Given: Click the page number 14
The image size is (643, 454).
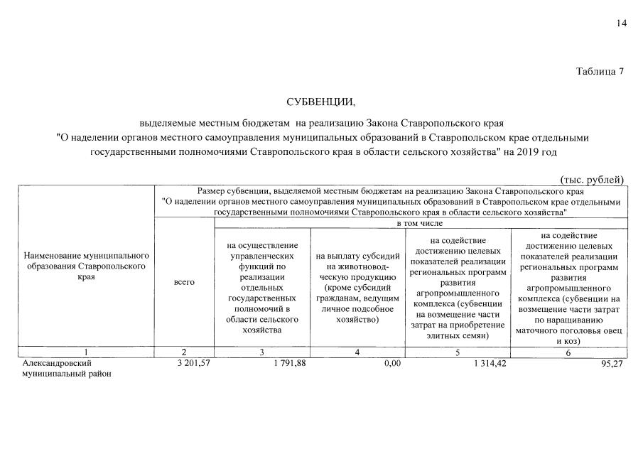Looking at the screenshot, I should [x=622, y=23].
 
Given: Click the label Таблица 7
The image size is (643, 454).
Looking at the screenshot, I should [x=600, y=71].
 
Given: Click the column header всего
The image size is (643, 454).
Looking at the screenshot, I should [x=184, y=282].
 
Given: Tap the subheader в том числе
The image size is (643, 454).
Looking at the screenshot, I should [x=420, y=223].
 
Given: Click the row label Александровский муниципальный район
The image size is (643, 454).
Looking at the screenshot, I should [x=67, y=368].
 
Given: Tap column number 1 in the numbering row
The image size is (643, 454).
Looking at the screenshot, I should [x=85, y=352].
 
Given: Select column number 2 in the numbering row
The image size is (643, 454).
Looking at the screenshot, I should [x=184, y=352].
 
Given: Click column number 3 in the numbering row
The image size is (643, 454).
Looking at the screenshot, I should [x=261, y=352].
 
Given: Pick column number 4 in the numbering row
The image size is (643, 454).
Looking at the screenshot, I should [x=357, y=352].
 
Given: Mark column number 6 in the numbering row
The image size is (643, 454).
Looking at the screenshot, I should [x=568, y=352].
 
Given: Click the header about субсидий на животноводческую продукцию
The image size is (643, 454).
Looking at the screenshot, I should [x=357, y=288].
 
